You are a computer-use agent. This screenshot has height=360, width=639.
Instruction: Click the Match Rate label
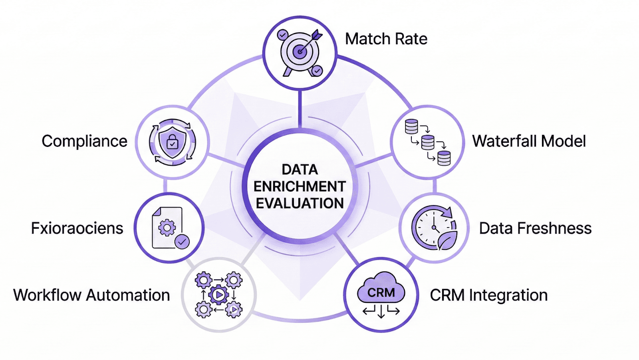point(386,39)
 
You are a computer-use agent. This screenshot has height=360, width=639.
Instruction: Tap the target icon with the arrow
point(300,52)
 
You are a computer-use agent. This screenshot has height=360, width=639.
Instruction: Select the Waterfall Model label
point(529,141)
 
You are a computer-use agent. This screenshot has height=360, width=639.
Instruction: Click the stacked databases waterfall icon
point(428,142)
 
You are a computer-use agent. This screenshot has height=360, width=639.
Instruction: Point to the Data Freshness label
point(535,228)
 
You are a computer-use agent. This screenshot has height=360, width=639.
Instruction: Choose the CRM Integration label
point(488,295)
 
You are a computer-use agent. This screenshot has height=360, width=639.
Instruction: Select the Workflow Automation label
point(91,295)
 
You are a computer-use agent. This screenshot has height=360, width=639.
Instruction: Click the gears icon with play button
point(218,295)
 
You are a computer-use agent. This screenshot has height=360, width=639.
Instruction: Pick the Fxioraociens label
point(77,228)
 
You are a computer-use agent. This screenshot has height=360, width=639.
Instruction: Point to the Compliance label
point(84,141)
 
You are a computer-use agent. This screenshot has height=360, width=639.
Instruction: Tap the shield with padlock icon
point(172,142)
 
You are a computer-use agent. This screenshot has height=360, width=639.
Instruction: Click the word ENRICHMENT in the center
point(300,186)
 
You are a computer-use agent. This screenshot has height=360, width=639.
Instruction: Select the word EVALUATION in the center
point(300,204)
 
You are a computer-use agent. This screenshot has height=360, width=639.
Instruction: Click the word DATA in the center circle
point(300,170)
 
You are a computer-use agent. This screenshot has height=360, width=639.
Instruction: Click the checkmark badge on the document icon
point(183,241)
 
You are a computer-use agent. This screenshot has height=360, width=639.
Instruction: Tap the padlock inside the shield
point(173,142)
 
